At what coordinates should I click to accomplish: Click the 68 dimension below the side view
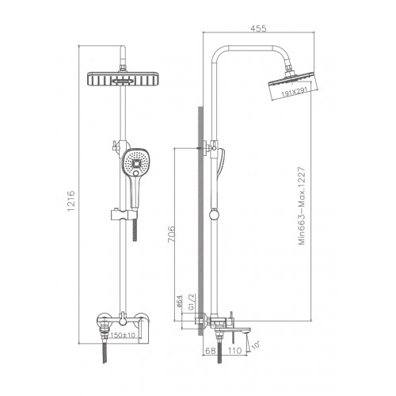pyautogui.click(x=209, y=351)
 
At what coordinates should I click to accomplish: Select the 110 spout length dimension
pyautogui.click(x=235, y=351)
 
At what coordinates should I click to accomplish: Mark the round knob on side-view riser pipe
pyautogui.click(x=214, y=214)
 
